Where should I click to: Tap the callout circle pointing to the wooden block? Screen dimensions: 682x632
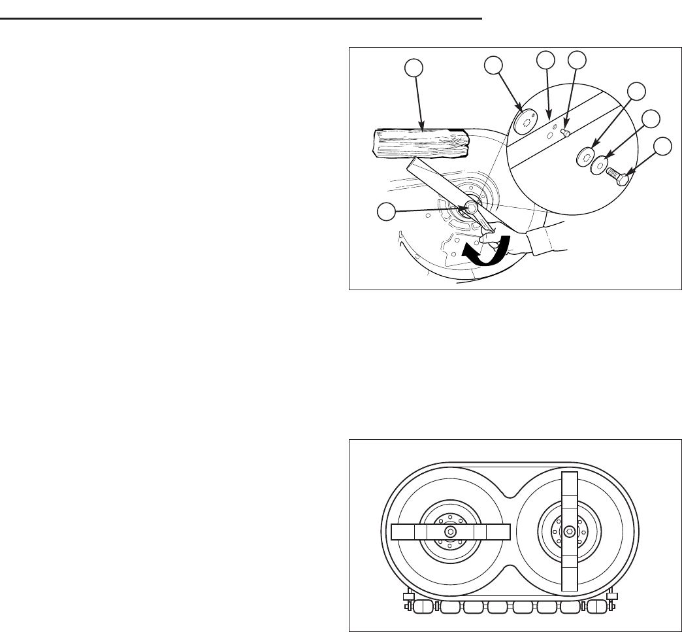[x=413, y=67]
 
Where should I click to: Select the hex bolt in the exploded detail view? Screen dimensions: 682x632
[x=617, y=176]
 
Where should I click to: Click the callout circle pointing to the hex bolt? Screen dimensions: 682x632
[x=663, y=146]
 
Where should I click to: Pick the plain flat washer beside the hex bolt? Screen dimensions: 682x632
[x=600, y=165]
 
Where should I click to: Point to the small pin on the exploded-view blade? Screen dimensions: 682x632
[x=566, y=133]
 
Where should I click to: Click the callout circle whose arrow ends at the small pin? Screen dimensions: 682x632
[x=576, y=59]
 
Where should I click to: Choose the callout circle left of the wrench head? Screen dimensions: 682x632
[x=387, y=210]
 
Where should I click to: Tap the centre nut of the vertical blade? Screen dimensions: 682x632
[x=570, y=531]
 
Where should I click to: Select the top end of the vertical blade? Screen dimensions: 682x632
[x=570, y=474]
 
